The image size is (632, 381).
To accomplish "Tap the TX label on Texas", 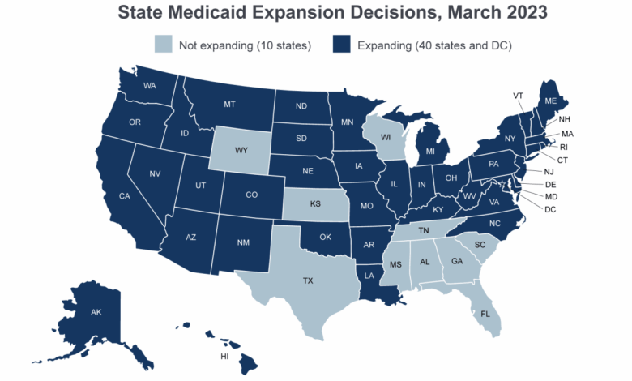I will tap(308, 280).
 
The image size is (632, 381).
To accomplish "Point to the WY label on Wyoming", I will tap(241, 151).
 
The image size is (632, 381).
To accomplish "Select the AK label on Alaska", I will tap(96, 312).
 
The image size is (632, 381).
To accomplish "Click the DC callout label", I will tap(551, 210).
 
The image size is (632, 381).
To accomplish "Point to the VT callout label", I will tap(518, 96).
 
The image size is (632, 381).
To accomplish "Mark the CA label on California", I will tap(125, 196).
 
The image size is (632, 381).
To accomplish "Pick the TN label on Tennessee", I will tap(423, 230).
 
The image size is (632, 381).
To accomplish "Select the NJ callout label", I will tap(549, 172).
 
